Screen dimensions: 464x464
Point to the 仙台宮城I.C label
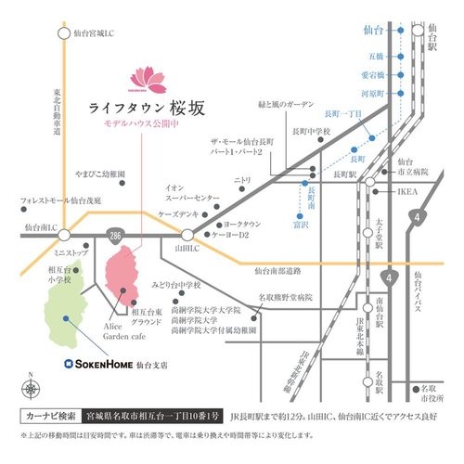[103, 33]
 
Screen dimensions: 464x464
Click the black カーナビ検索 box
[48, 414]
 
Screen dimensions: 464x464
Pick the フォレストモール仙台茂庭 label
[54, 199]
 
